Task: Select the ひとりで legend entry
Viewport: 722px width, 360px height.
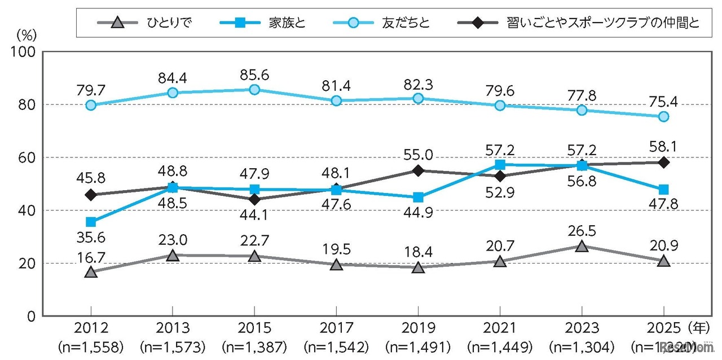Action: click(152, 23)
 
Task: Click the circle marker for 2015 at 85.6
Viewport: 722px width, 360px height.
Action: click(254, 89)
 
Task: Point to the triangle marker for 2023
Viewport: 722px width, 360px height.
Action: click(581, 246)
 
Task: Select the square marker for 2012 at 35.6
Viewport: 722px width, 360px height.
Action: click(91, 222)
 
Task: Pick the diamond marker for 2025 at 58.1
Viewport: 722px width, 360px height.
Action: click(664, 162)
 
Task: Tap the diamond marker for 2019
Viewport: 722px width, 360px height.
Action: click(418, 170)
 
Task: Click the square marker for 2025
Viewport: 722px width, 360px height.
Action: click(664, 189)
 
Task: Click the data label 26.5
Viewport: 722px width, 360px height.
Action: click(582, 230)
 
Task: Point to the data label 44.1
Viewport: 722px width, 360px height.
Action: click(254, 215)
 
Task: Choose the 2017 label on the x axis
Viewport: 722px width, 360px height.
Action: click(336, 328)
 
